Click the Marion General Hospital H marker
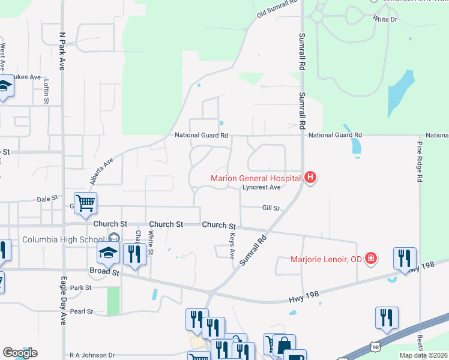pos(310,178)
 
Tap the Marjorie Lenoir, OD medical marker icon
pos(372,259)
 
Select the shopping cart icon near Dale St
pos(86,203)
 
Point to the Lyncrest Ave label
pos(262,187)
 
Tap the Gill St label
pos(271,208)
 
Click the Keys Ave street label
pos(232,246)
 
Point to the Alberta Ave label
pos(101,171)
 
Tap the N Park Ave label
pos(62,46)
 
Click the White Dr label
pos(385,19)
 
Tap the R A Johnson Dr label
pos(91,356)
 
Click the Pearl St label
pos(82,312)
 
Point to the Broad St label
pos(104,271)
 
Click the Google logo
pos(20,353)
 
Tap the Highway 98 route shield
pos(375,347)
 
